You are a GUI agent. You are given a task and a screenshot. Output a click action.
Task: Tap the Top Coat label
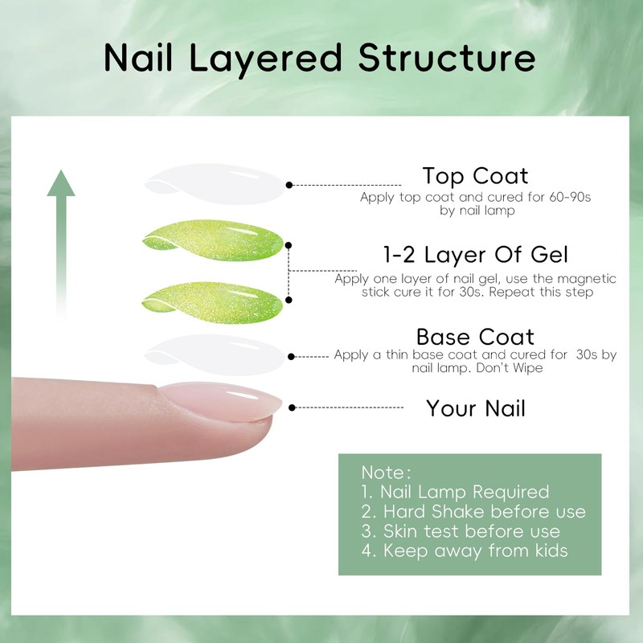(476, 176)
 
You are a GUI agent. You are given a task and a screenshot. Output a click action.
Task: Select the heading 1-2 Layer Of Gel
(476, 256)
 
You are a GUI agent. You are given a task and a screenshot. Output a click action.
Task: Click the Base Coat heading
(475, 336)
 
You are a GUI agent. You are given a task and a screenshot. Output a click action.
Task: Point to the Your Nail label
(476, 408)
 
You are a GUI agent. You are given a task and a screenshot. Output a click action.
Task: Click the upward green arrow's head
(61, 184)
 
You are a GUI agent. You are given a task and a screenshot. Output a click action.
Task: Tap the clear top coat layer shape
(213, 181)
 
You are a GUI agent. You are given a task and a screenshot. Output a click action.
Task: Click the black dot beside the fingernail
(291, 408)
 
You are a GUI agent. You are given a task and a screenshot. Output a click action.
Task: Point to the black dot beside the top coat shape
(289, 185)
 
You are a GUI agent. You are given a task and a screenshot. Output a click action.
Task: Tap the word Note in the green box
(383, 472)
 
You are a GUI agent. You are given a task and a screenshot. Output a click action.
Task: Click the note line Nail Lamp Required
(455, 492)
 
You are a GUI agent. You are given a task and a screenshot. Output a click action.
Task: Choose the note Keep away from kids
(465, 551)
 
